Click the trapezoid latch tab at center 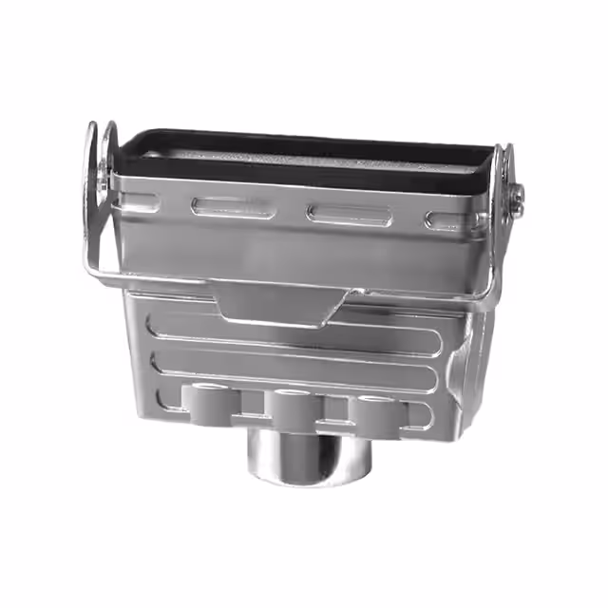click(280, 304)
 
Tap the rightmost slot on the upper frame click(445, 221)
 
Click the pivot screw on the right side click(517, 198)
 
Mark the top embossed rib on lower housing click(294, 328)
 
